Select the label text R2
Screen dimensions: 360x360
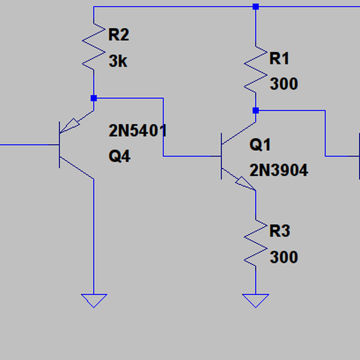coord(118,35)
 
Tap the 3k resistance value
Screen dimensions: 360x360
coord(118,61)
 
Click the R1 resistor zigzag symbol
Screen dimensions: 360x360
coord(256,70)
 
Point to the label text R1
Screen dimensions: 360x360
coord(280,58)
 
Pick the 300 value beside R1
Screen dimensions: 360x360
coord(283,84)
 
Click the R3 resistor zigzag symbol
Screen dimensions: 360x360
coord(256,243)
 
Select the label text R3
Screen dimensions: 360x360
coord(280,231)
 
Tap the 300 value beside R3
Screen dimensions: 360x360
coord(283,257)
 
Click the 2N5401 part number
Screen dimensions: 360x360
coord(137,131)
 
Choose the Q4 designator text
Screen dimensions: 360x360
coord(119,157)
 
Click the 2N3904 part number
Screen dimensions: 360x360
coord(278,171)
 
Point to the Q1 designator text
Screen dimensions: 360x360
coord(260,145)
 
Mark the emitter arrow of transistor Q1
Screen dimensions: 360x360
coord(244,182)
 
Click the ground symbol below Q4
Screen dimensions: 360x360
coord(94,300)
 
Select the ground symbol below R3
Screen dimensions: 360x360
coord(256,300)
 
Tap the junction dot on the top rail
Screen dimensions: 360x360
coord(256,7)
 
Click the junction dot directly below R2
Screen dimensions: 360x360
coord(94,98)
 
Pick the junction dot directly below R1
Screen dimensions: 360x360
coord(256,110)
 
